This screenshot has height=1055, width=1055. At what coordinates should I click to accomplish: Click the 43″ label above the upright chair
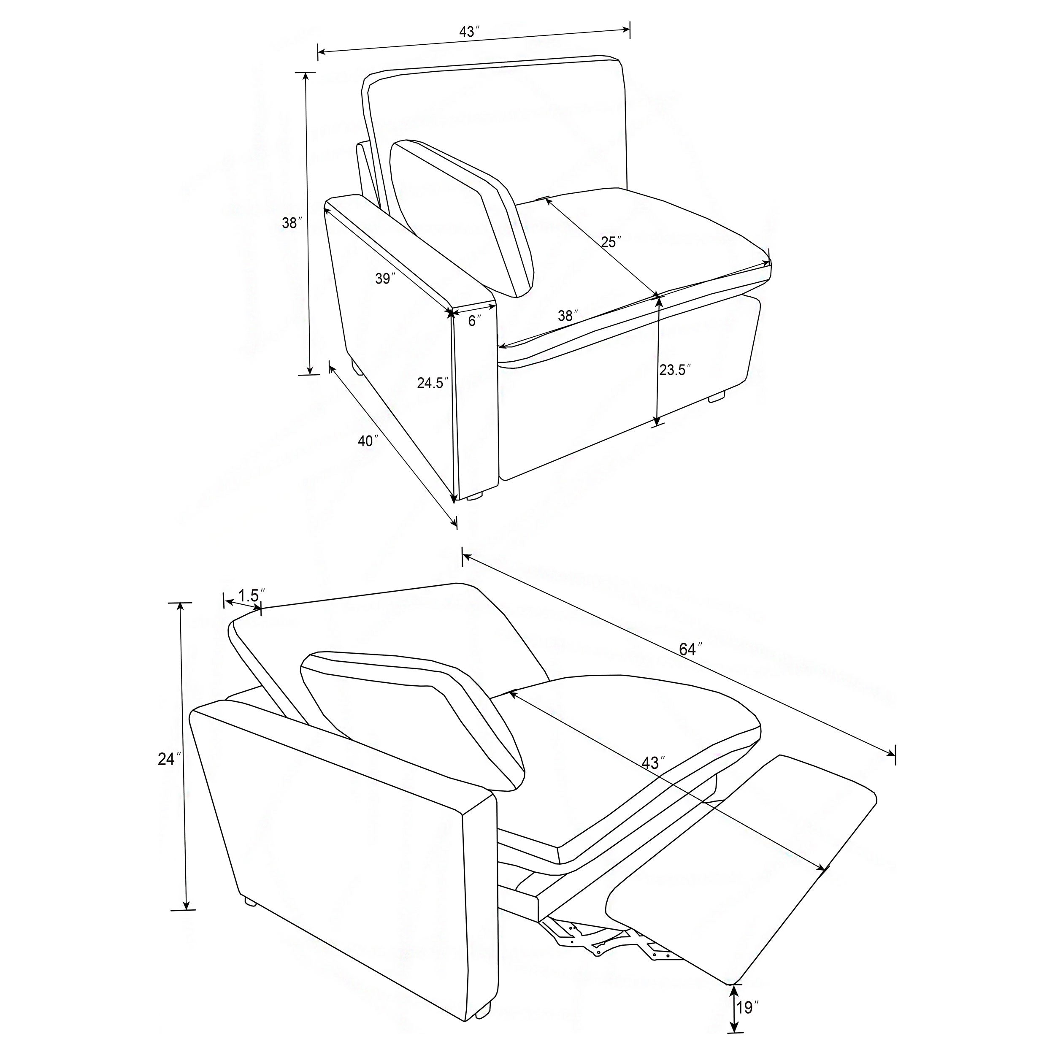tap(470, 32)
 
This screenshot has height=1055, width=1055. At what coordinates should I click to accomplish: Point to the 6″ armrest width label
tap(474, 321)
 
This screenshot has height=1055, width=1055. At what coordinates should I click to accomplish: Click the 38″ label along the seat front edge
tap(568, 316)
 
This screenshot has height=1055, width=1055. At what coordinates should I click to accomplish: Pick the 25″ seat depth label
tap(611, 242)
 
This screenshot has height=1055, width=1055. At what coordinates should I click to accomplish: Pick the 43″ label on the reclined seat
tap(653, 763)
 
